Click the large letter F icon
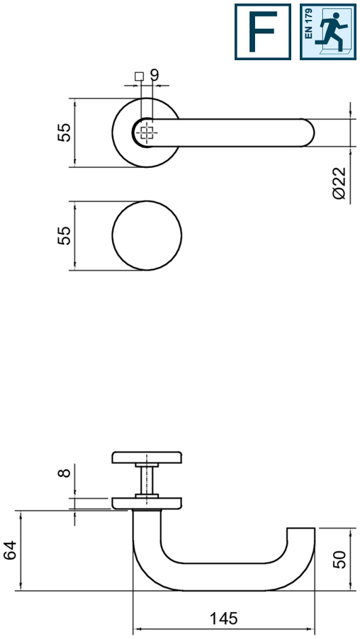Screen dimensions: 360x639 pos(263,32)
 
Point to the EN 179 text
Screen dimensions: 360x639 pos(308,24)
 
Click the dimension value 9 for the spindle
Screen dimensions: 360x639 pos(154,75)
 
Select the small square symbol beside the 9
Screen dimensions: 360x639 pos(140,77)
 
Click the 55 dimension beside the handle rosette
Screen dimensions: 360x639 pos(64,132)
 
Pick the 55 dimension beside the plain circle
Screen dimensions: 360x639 pos(64,235)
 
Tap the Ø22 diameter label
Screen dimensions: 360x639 pos(339,183)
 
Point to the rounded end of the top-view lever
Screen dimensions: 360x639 pos(309,133)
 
